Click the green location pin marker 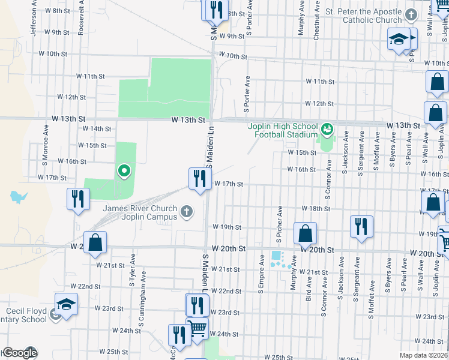point(124,172)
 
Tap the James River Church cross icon point(187,211)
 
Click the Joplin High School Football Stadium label point(283,130)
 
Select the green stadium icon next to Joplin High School point(327,128)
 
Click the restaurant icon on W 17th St point(200,179)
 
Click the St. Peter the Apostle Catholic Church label point(372,16)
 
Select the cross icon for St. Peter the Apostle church point(411,15)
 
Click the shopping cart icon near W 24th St point(198,328)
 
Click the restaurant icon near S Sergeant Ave point(361,227)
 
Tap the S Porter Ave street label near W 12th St point(246,95)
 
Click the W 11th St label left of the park point(90,76)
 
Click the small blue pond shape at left point(19,196)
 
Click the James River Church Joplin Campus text point(140,212)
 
